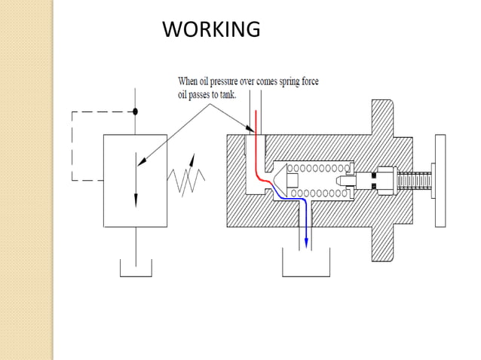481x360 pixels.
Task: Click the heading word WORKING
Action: pos(211,29)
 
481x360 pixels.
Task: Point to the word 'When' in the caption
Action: pos(188,81)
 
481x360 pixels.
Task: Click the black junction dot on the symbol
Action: pos(136,111)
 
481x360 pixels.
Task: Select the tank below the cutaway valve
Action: pos(306,265)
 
